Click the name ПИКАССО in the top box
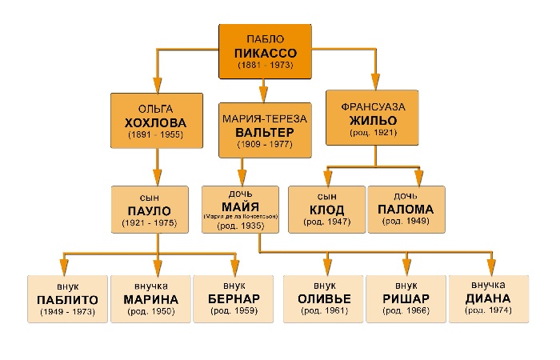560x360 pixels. (x=266, y=54)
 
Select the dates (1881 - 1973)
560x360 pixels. (x=266, y=65)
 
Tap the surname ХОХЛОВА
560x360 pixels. (x=156, y=123)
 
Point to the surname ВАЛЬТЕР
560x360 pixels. (x=265, y=133)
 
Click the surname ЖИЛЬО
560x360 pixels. (x=374, y=120)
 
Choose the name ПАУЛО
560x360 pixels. (x=150, y=210)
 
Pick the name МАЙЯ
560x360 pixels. (x=240, y=206)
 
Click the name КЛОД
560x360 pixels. (x=326, y=210)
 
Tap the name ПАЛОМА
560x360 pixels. (x=406, y=210)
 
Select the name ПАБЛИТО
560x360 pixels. (x=67, y=300)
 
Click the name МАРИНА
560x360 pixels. (x=150, y=299)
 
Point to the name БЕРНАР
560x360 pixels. (x=234, y=298)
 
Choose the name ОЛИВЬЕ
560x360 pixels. (x=324, y=298)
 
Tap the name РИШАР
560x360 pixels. (x=406, y=298)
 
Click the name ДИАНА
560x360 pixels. (x=488, y=298)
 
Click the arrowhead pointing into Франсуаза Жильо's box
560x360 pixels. (x=375, y=82)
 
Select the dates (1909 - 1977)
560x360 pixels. (x=265, y=144)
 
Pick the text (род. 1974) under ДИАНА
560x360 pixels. (x=488, y=310)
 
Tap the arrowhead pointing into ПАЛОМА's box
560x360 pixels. (x=419, y=178)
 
